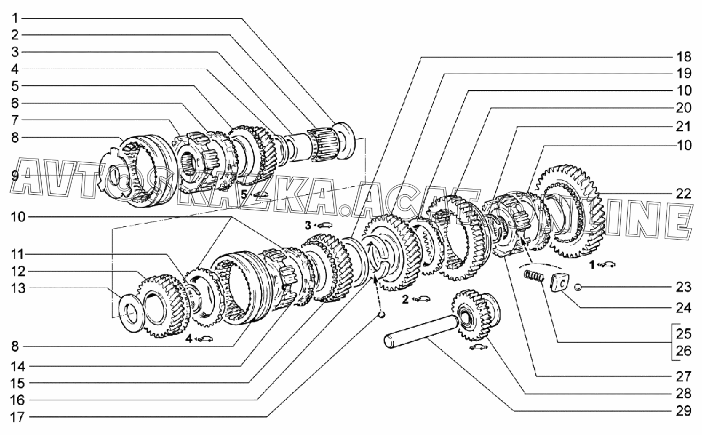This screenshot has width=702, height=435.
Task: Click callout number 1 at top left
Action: (x=15, y=18)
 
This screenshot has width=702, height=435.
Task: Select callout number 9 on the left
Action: (x=15, y=176)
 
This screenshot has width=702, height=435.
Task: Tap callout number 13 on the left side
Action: (x=18, y=288)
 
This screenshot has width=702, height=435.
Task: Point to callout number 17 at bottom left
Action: (x=18, y=417)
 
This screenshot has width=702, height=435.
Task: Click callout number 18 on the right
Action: (x=683, y=57)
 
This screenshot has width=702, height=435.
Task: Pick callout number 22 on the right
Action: (x=683, y=194)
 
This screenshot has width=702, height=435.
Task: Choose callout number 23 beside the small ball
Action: (x=683, y=287)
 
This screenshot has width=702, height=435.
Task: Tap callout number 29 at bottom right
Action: (x=683, y=410)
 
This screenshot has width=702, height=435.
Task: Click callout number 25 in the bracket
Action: (x=683, y=334)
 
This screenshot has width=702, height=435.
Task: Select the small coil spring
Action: (x=534, y=276)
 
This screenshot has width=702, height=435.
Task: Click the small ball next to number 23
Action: (x=578, y=287)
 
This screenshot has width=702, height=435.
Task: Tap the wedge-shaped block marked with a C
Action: (x=560, y=283)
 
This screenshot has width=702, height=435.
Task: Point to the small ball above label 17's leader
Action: (x=381, y=315)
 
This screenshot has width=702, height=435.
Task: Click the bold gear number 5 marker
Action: (x=244, y=194)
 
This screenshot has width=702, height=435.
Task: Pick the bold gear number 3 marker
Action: (x=308, y=225)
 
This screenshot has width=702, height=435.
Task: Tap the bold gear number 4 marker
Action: (x=189, y=338)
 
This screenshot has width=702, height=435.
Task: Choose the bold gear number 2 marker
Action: (x=405, y=299)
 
